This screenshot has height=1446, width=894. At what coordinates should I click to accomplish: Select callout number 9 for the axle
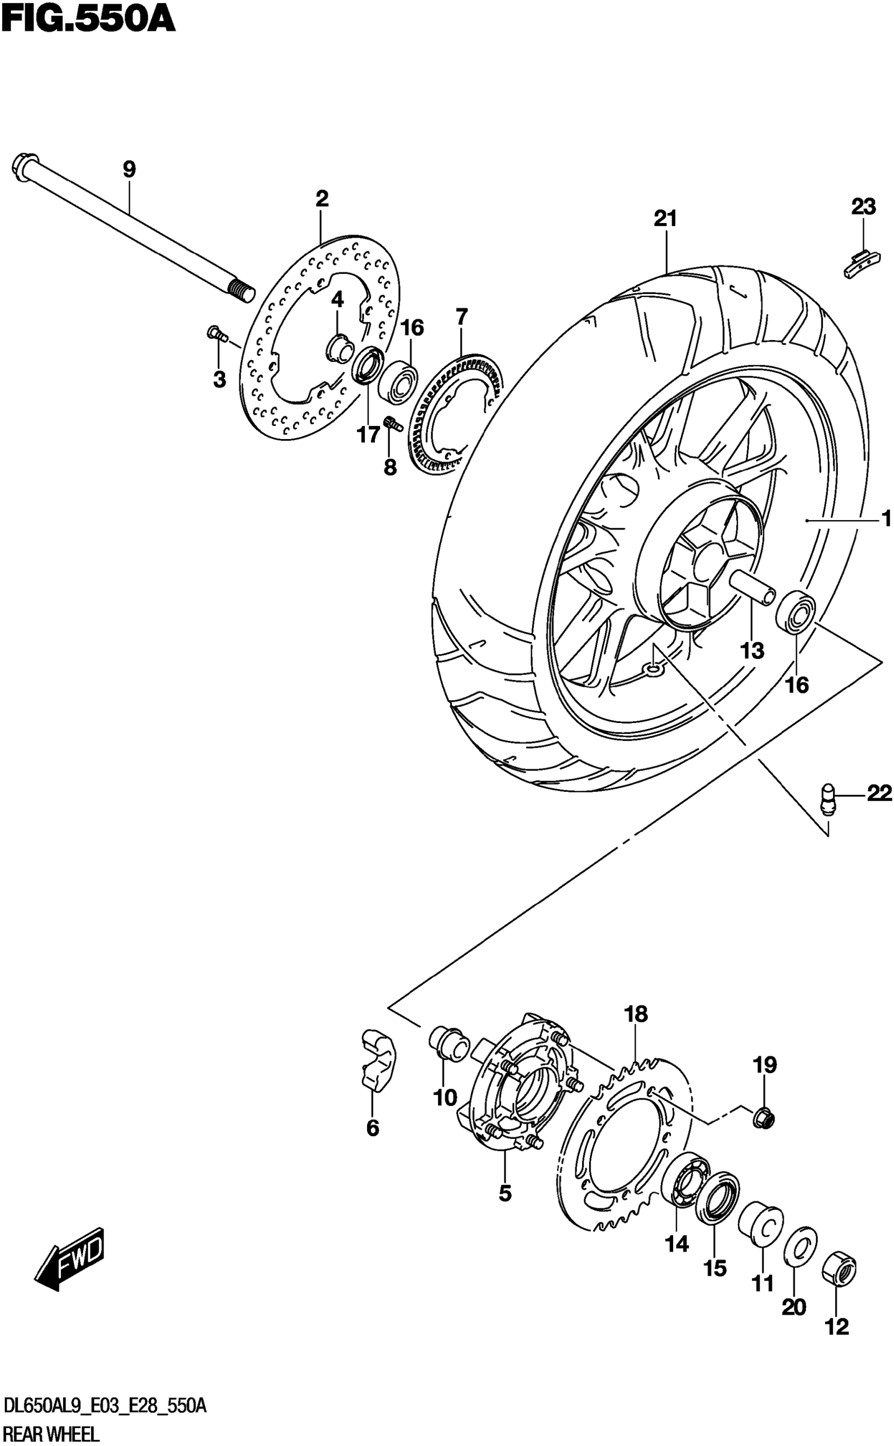[x=129, y=170]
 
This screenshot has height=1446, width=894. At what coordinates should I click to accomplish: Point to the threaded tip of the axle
[x=241, y=291]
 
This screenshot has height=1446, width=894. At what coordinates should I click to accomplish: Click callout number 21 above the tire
[x=665, y=219]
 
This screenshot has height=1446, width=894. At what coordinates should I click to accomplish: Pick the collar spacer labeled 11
[x=761, y=1221]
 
